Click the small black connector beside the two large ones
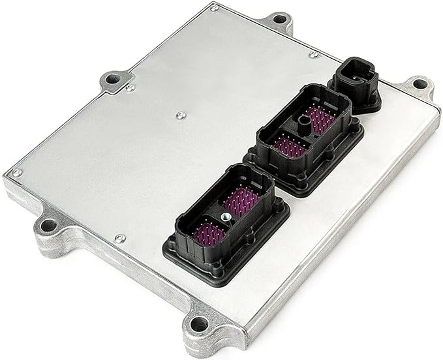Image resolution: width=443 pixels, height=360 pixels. click(355, 85)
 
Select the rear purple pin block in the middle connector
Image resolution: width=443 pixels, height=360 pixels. click(320, 117)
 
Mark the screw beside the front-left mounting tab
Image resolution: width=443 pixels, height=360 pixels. click(119, 239)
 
